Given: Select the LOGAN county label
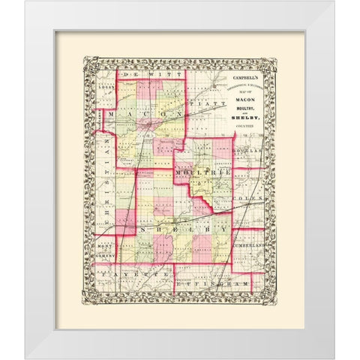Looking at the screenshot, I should (x=106, y=88).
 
